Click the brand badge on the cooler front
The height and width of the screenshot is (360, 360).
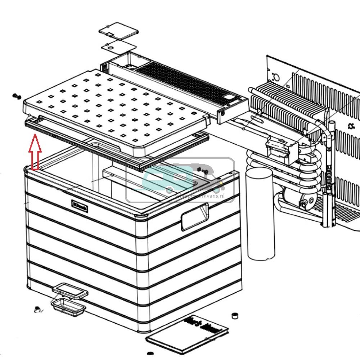[x=78, y=204]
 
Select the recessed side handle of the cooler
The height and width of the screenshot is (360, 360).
[x=194, y=216]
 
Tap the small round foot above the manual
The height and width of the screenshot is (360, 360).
[x=235, y=316]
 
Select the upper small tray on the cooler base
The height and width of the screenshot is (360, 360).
[x=69, y=290]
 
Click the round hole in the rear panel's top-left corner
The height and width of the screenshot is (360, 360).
[x=276, y=77]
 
